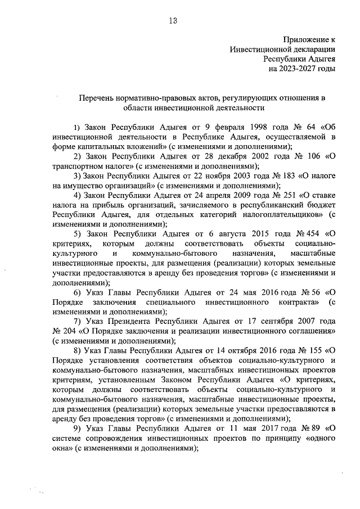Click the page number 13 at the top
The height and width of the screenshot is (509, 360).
tap(173, 21)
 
